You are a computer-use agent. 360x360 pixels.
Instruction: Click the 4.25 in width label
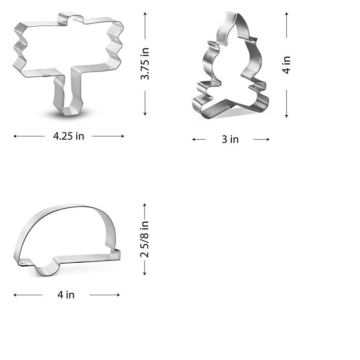click(68, 136)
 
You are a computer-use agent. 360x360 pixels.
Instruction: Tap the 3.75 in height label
click(145, 63)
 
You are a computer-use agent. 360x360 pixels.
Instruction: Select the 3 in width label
click(230, 139)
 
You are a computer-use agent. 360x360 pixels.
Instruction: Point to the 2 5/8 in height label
click(144, 239)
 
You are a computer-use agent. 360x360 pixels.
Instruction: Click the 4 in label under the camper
click(66, 295)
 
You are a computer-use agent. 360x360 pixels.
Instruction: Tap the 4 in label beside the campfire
click(286, 65)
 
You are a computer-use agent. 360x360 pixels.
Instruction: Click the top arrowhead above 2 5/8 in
click(144, 204)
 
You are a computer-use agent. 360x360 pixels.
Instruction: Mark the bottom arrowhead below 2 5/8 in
click(144, 273)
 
